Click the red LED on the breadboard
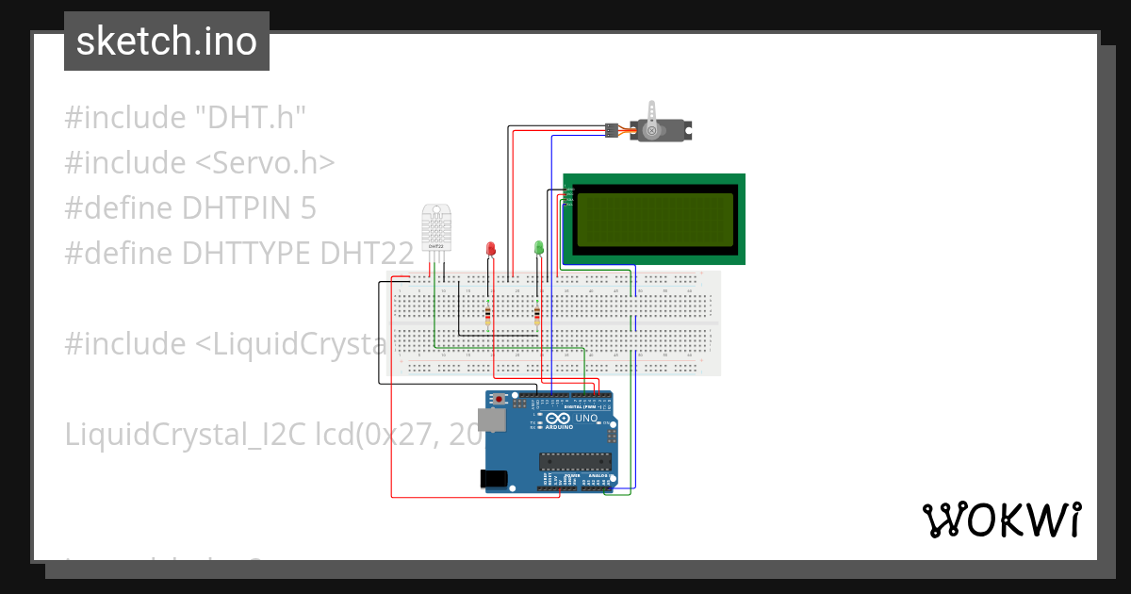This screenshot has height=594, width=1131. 490,248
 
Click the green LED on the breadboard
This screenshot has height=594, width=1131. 539,248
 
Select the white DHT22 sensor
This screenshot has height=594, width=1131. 435,228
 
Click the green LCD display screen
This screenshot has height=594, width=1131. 654,219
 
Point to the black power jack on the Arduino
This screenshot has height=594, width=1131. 494,479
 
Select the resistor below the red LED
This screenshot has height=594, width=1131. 487,314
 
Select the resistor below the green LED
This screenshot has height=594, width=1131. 537,314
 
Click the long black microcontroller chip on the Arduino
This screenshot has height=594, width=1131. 574,461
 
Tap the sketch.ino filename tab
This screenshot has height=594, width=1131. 167,41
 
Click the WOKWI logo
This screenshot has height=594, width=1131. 1001,520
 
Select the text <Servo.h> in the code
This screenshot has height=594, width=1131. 265,163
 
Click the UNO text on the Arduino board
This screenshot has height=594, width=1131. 586,418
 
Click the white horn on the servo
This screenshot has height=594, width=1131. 651,129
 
